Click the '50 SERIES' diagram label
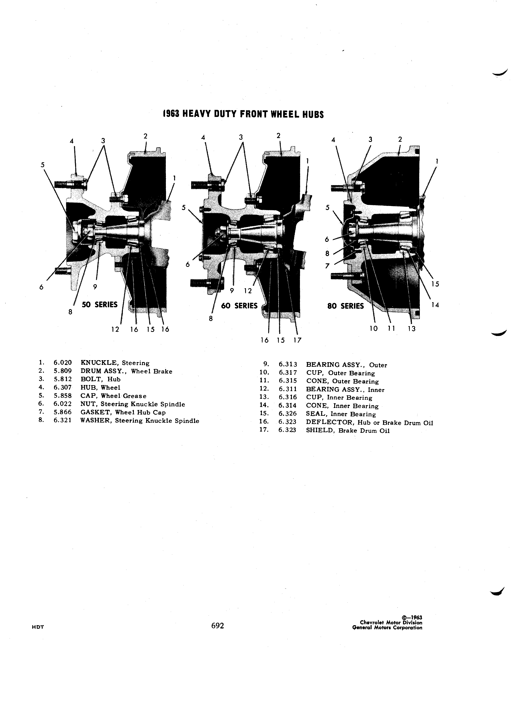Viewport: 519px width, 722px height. pyautogui.click(x=100, y=305)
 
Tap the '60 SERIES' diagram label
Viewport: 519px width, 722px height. pyautogui.click(x=239, y=306)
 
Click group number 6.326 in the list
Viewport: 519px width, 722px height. pyautogui.click(x=288, y=414)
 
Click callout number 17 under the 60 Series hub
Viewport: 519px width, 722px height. pyautogui.click(x=297, y=340)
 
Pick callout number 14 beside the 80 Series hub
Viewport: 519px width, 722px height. pyautogui.click(x=435, y=305)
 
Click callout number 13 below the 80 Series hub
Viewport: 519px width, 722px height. pyautogui.click(x=412, y=329)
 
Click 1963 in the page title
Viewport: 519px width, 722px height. pyautogui.click(x=171, y=114)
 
